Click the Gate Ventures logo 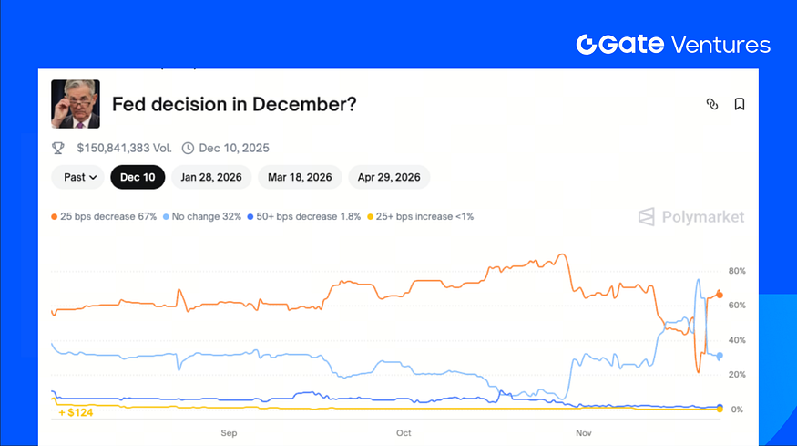click(673, 45)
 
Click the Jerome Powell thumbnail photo click(76, 104)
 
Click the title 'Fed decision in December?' click(234, 104)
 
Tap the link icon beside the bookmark click(712, 104)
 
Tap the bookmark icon click(740, 104)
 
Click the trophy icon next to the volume click(58, 148)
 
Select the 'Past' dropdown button click(76, 177)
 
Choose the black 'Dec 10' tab click(138, 177)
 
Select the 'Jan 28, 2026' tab click(211, 177)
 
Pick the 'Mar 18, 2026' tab click(300, 177)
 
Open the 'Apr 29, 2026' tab click(389, 177)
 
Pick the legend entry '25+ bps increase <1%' click(420, 216)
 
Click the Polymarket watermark click(690, 217)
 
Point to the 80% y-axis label click(737, 271)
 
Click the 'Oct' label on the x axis click(404, 432)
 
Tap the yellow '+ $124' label click(76, 412)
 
